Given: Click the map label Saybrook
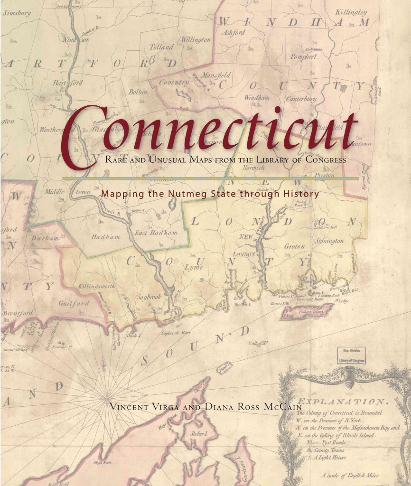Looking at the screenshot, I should [x=149, y=296].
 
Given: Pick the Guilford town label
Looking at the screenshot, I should [x=74, y=303].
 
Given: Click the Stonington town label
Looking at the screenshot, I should [x=329, y=241].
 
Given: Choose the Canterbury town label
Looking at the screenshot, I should [x=301, y=99].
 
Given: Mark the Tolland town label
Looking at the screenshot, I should [x=161, y=47].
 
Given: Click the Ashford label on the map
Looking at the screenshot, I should [x=234, y=33].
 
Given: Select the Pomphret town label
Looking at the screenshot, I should [x=303, y=56].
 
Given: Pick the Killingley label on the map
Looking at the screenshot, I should [x=351, y=11].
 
